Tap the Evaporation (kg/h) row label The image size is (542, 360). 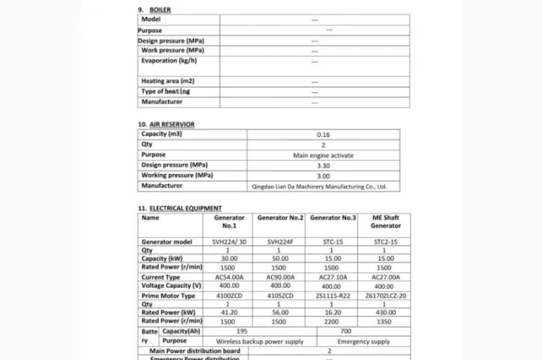tap(169, 60)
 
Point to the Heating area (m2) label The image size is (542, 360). tap(167, 81)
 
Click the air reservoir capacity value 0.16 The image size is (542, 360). tap(324, 135)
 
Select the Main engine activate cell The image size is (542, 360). tap(324, 155)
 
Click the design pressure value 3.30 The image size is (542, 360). tap(324, 166)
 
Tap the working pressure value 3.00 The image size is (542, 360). tap(324, 176)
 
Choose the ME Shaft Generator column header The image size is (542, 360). tap(386, 222)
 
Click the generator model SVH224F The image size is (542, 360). tap(279, 242)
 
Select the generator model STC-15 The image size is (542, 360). tap(333, 242)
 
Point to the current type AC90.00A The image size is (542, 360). tap(280, 276)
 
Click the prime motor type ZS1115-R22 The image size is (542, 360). tap(333, 296)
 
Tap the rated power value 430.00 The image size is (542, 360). tap(385, 312)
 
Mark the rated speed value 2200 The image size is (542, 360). tap(333, 321)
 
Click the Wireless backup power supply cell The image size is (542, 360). tap(238, 341)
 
